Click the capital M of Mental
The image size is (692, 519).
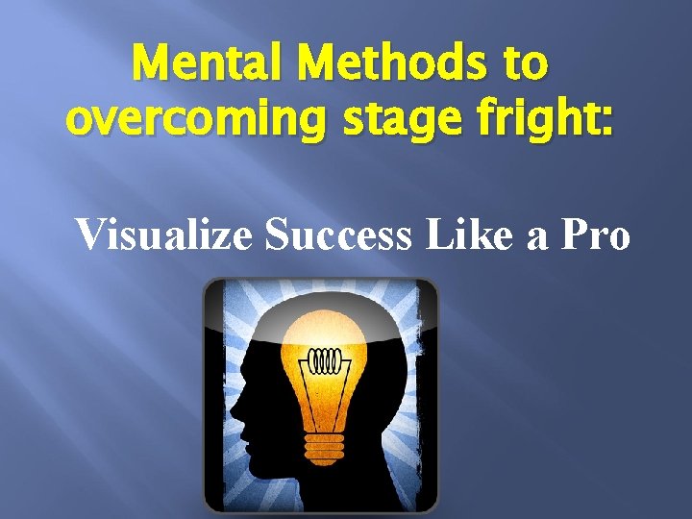(x=152, y=66)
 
